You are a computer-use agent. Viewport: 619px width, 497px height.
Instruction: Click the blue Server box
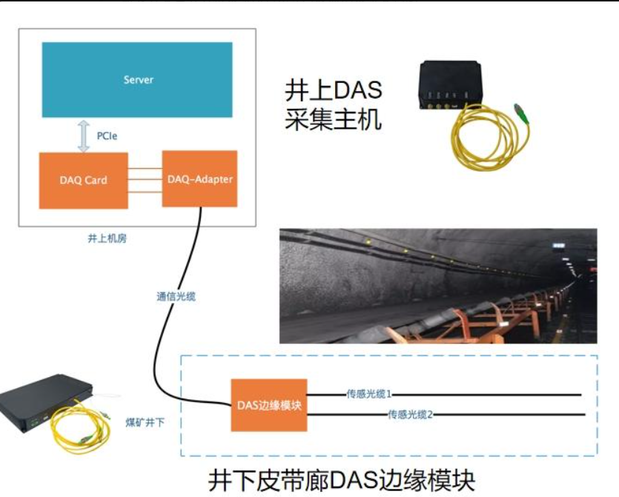[137, 80]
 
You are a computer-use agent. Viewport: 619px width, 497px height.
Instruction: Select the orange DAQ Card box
[83, 181]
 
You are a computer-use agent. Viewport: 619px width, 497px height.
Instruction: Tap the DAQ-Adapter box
[199, 179]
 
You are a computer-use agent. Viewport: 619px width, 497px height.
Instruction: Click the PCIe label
[107, 136]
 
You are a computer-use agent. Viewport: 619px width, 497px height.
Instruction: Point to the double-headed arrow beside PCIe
[83, 136]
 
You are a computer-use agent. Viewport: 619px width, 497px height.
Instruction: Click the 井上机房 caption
[107, 239]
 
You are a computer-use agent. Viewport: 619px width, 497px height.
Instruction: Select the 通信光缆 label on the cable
[176, 296]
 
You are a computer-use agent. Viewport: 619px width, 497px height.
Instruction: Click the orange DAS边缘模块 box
[269, 405]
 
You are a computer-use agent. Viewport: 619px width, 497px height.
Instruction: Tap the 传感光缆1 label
[368, 393]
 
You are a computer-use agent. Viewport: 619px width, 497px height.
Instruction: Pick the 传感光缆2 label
[410, 414]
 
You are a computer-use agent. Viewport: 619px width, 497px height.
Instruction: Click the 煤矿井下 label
[145, 422]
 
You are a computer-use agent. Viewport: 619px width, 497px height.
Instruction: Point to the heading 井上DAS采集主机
[334, 105]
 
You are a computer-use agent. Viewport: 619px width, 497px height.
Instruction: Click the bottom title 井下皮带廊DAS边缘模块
[342, 480]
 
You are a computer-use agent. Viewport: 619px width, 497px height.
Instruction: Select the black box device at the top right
[450, 84]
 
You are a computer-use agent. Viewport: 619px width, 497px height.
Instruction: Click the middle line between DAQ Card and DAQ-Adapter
[145, 179]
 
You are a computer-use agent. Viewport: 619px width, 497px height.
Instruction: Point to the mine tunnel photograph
[438, 286]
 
